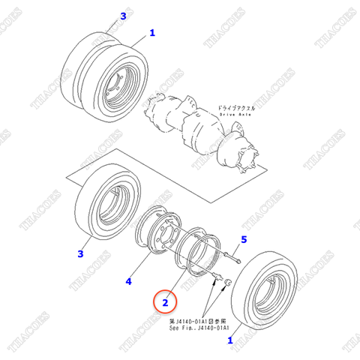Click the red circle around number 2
[164, 301]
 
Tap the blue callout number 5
[243, 240]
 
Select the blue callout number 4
[128, 281]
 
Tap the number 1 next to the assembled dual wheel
[151, 33]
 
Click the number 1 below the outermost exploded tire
[229, 340]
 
